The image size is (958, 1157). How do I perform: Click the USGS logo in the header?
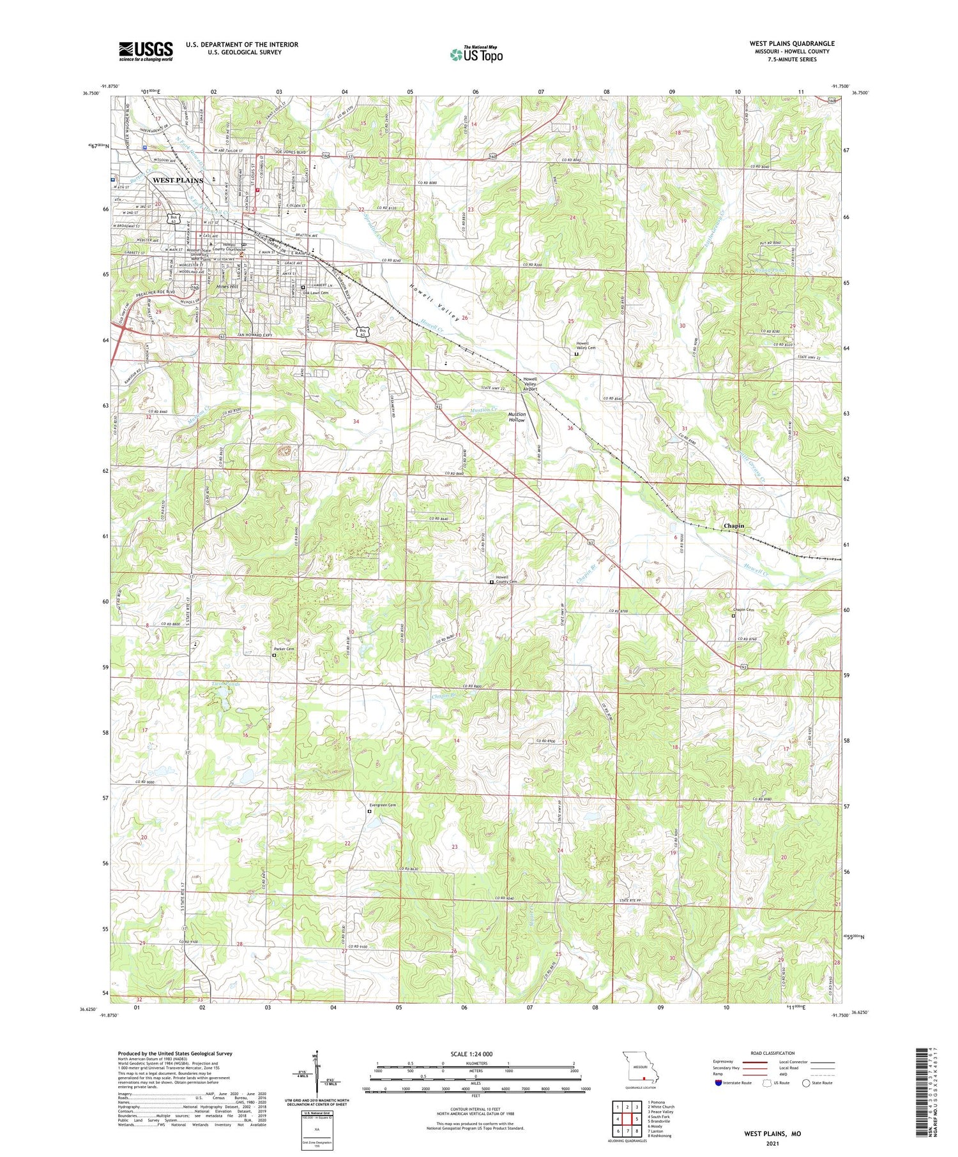(x=146, y=51)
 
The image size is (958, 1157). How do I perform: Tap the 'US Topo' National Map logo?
(x=476, y=55)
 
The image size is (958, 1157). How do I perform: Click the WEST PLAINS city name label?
(x=178, y=181)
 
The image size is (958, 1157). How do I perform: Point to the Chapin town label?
(x=734, y=526)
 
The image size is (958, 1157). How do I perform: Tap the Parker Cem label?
(x=285, y=649)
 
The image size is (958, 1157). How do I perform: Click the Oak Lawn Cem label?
(x=316, y=293)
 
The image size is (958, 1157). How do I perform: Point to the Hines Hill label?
(x=227, y=287)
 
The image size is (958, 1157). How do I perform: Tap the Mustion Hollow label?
(x=516, y=417)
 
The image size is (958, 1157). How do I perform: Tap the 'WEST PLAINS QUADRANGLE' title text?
(x=791, y=43)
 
